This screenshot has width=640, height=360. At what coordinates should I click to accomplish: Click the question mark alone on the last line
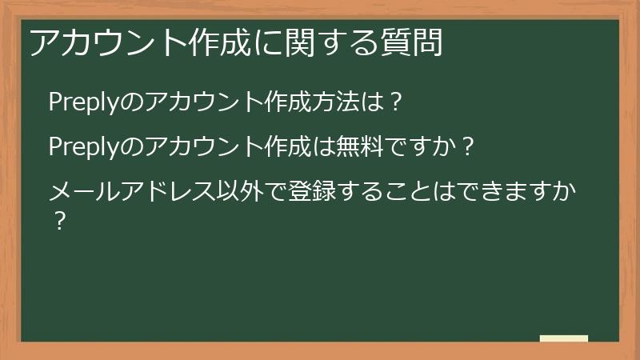(58, 221)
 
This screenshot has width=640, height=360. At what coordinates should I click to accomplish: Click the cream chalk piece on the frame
(564, 338)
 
